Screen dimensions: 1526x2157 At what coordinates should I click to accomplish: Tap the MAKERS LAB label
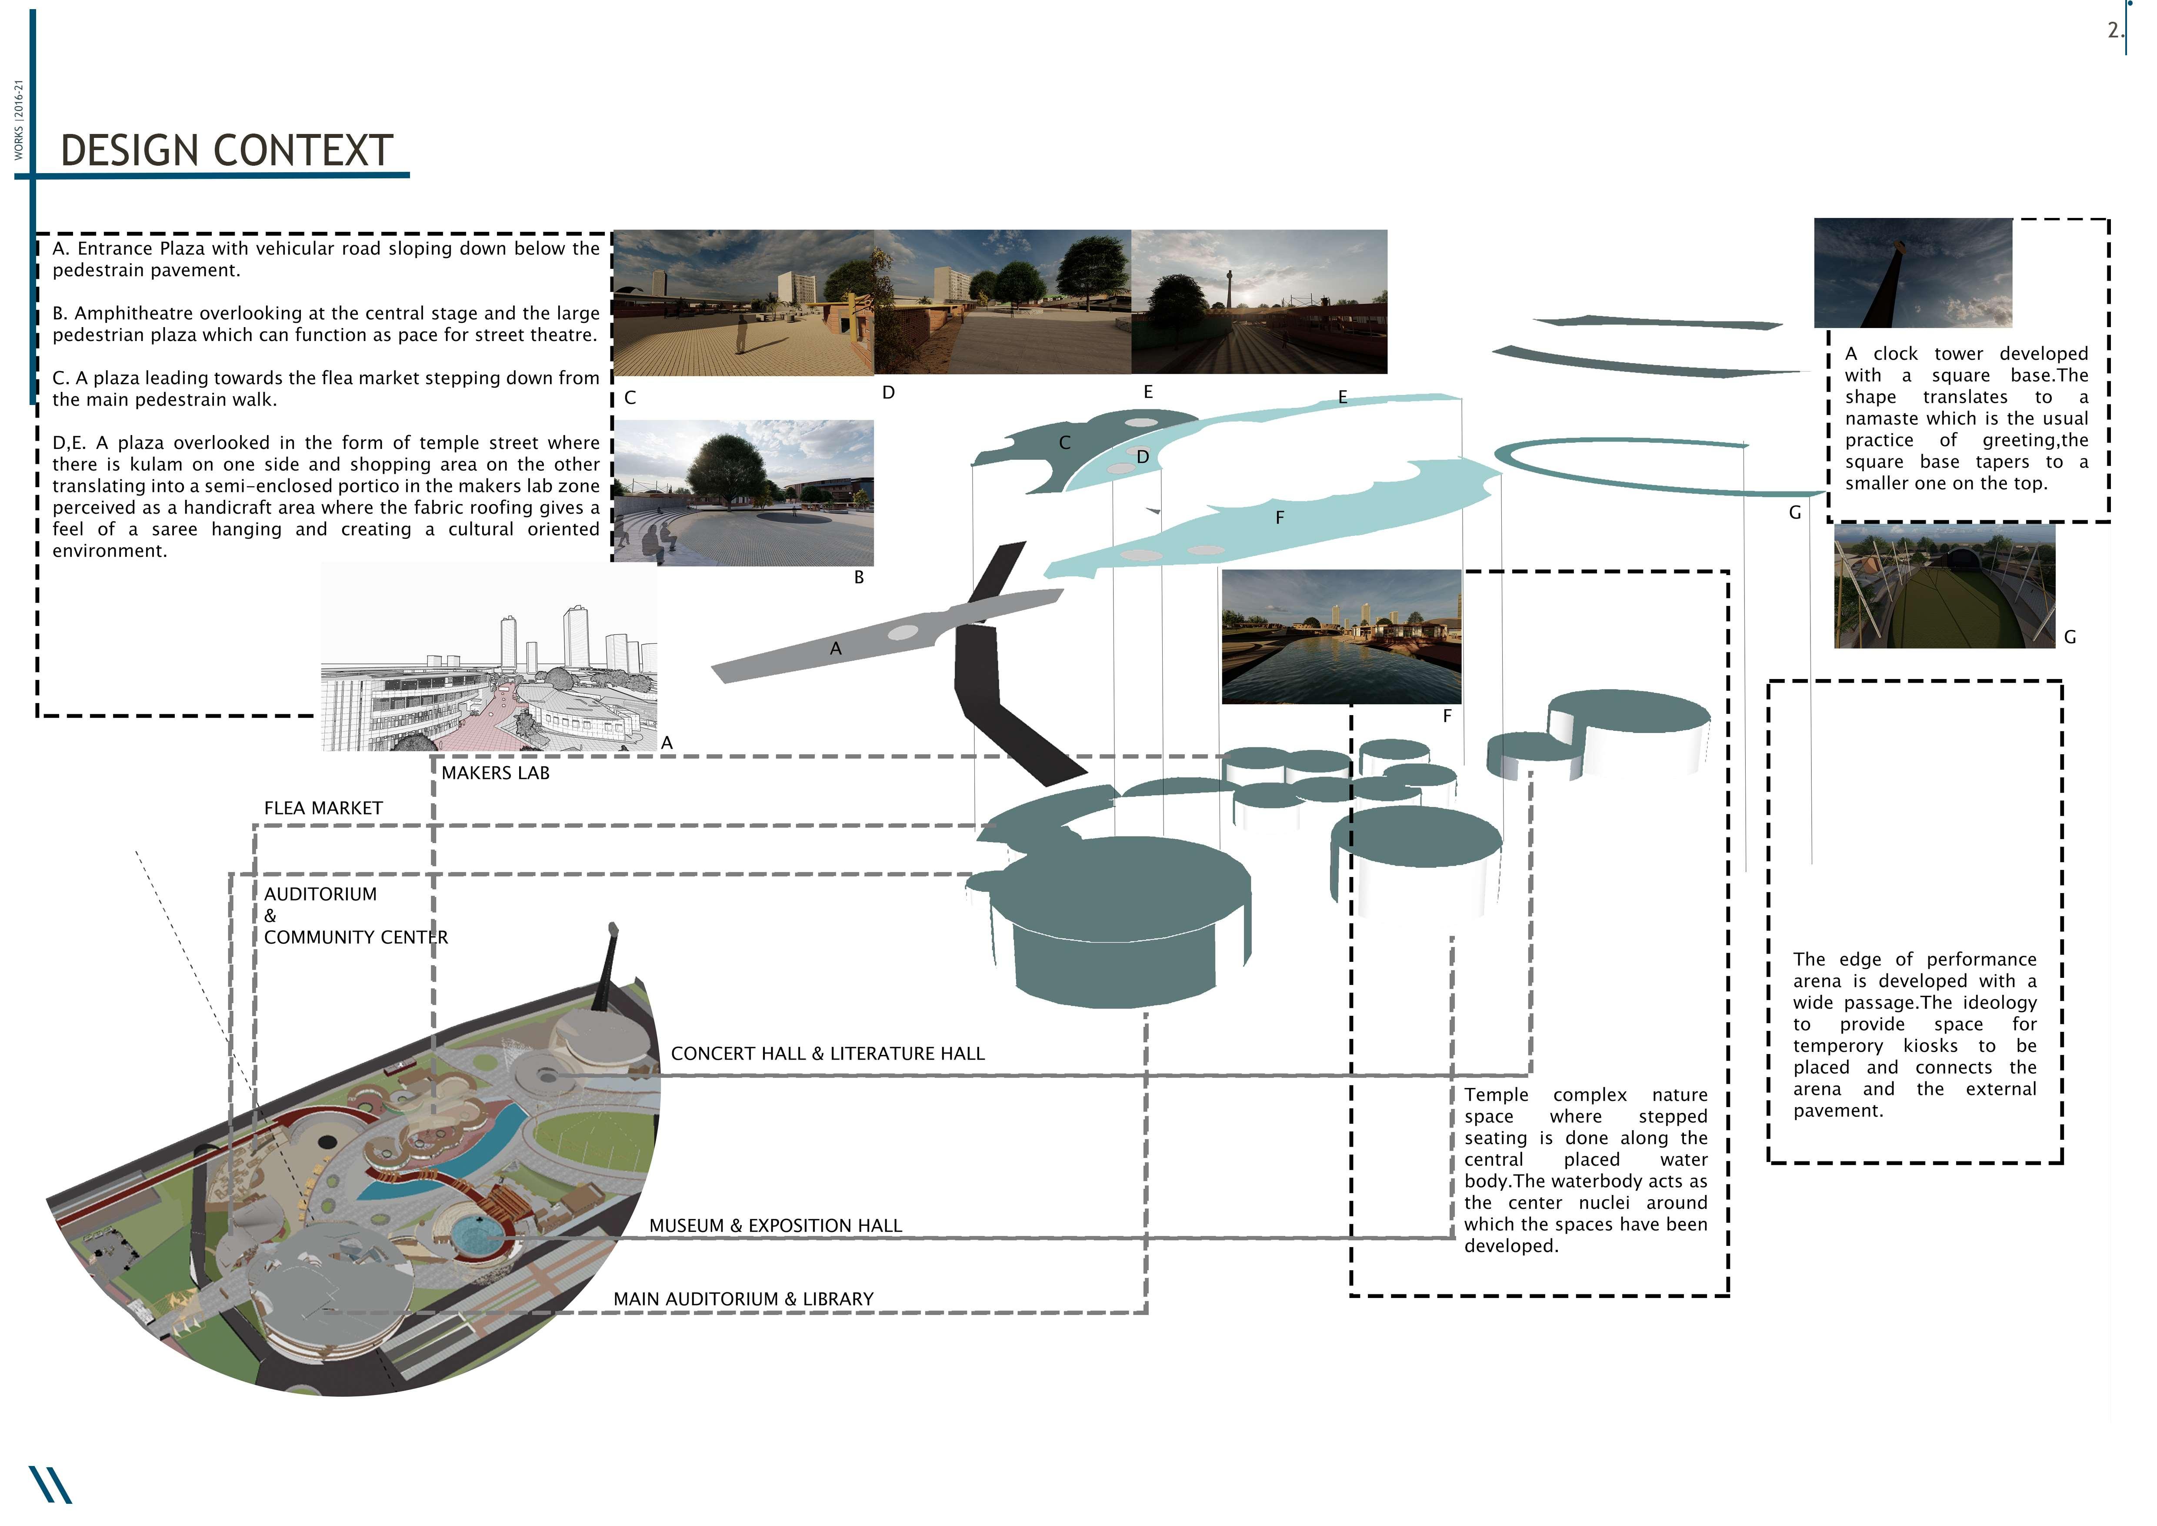click(x=495, y=773)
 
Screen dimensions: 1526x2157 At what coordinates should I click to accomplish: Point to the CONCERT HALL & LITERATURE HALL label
click(x=827, y=1054)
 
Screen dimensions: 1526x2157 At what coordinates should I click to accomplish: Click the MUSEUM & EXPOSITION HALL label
click(x=775, y=1226)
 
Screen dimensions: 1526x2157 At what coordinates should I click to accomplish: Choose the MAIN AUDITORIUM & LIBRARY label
click(x=743, y=1299)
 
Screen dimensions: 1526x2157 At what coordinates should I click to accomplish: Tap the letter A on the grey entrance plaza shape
click(x=835, y=648)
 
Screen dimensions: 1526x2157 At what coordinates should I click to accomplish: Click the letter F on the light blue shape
click(x=1280, y=518)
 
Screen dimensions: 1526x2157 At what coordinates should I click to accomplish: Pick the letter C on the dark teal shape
click(x=1064, y=442)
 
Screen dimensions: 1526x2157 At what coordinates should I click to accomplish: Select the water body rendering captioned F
click(x=1340, y=637)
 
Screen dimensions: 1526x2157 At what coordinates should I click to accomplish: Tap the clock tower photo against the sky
click(x=1913, y=272)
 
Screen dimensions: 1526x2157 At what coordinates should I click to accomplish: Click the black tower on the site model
click(x=606, y=968)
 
